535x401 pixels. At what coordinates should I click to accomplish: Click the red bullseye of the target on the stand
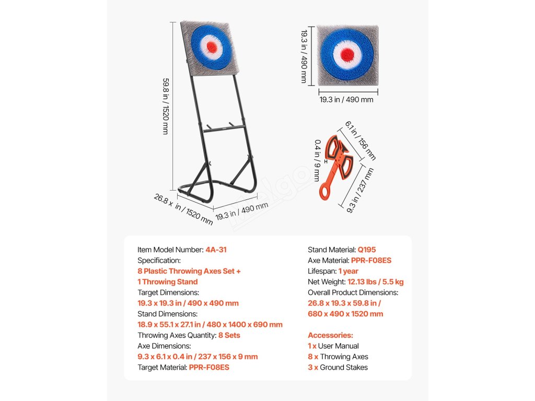212,46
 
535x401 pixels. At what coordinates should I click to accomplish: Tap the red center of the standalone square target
347,53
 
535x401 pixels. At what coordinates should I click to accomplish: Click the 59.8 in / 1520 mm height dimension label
166,107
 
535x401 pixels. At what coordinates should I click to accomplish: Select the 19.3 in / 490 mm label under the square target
346,99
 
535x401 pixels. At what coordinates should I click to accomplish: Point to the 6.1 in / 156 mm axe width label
360,140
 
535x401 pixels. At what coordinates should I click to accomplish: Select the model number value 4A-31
216,250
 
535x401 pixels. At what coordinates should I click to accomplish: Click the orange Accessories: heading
330,335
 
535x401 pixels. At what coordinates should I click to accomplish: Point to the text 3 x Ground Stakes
338,368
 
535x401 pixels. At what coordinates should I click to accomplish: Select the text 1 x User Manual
333,346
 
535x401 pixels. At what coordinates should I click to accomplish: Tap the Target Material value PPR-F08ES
209,368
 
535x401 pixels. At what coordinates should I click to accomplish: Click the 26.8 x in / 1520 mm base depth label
183,209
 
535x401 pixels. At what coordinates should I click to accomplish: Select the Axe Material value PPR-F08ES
371,261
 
